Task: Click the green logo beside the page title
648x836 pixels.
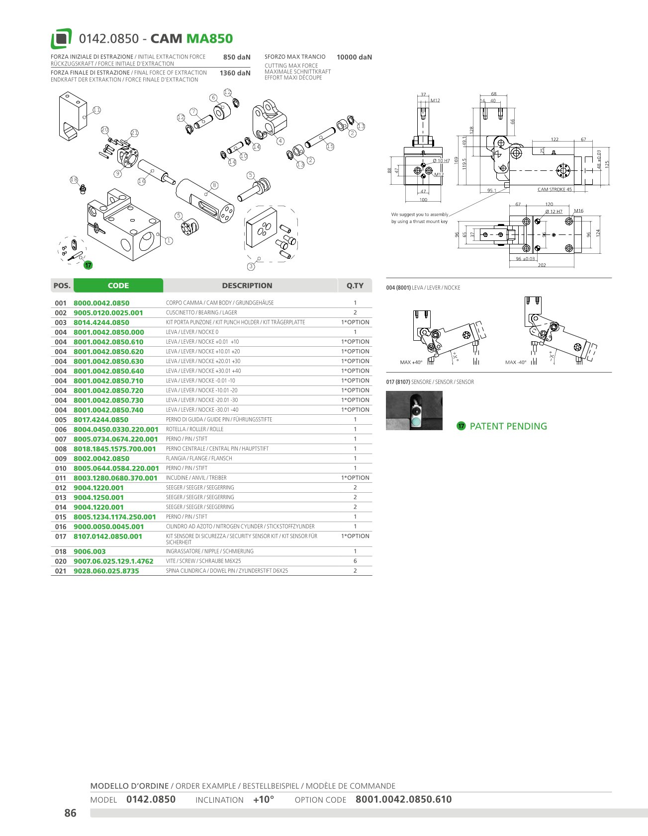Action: click(61, 39)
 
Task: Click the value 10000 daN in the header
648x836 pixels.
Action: click(354, 57)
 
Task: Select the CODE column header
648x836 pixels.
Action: click(118, 286)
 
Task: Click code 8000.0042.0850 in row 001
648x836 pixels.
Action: click(101, 303)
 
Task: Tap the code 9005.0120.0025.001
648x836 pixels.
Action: click(108, 313)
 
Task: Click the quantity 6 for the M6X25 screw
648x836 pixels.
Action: click(355, 561)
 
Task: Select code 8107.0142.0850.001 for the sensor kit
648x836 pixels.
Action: click(108, 536)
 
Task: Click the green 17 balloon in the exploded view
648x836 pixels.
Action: click(88, 265)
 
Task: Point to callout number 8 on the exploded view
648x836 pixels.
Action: click(214, 185)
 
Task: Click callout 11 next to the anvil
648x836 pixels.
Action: click(96, 110)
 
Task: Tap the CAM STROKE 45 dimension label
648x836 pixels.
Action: click(555, 189)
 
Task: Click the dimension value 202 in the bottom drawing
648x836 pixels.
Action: click(542, 265)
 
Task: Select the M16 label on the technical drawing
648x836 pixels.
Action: click(578, 211)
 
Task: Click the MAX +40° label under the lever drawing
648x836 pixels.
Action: click(411, 362)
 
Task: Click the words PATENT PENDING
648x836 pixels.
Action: click(508, 426)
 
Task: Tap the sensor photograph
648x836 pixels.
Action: click(414, 410)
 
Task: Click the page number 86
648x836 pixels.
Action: click(71, 813)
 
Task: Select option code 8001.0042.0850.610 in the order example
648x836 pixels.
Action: click(403, 800)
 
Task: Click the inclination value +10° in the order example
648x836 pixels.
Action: click(264, 800)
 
